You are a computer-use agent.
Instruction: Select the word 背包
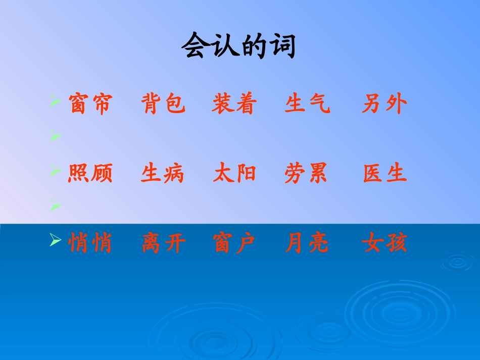tap(163, 105)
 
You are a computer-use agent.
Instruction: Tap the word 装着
tap(235, 105)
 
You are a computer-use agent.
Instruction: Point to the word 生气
tap(307, 105)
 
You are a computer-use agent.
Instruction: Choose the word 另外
tap(385, 105)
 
